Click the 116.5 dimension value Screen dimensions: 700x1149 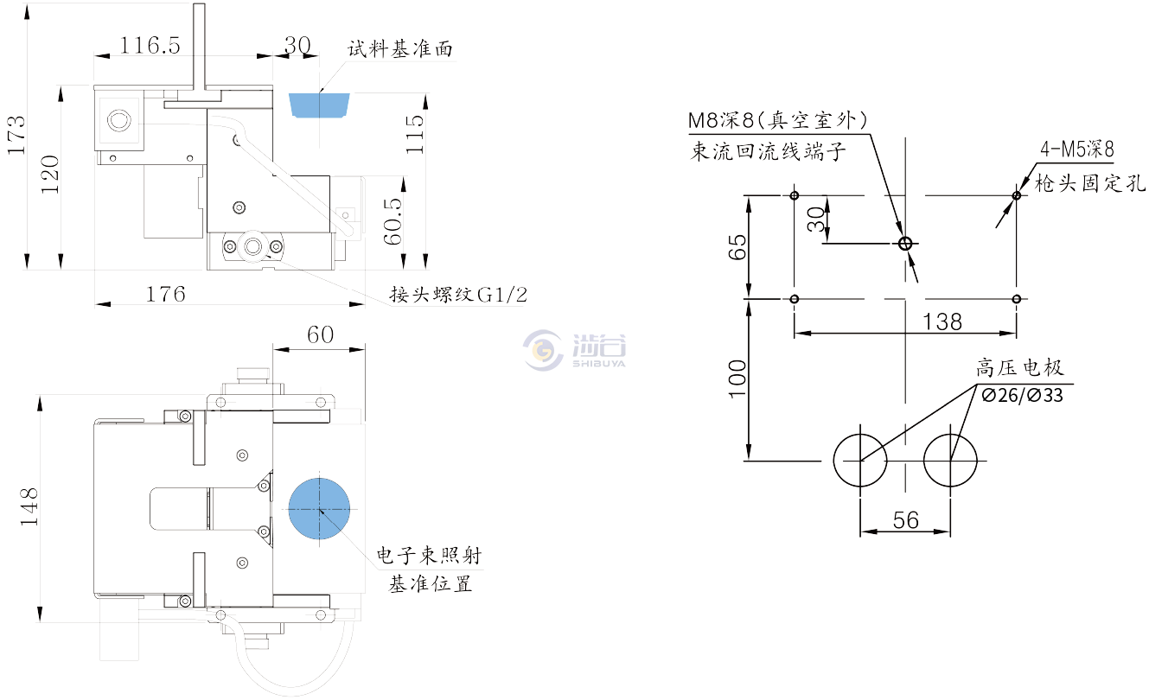click(150, 45)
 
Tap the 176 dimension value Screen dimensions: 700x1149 click(165, 294)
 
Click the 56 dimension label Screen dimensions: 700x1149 click(904, 519)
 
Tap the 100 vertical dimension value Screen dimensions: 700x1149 click(736, 379)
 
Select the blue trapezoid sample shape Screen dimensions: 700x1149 click(317, 104)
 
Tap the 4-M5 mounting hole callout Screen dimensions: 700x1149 click(1076, 150)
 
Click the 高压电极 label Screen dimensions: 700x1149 click(1020, 369)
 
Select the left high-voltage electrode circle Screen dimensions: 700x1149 click(860, 460)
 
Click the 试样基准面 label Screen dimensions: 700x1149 click(399, 48)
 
